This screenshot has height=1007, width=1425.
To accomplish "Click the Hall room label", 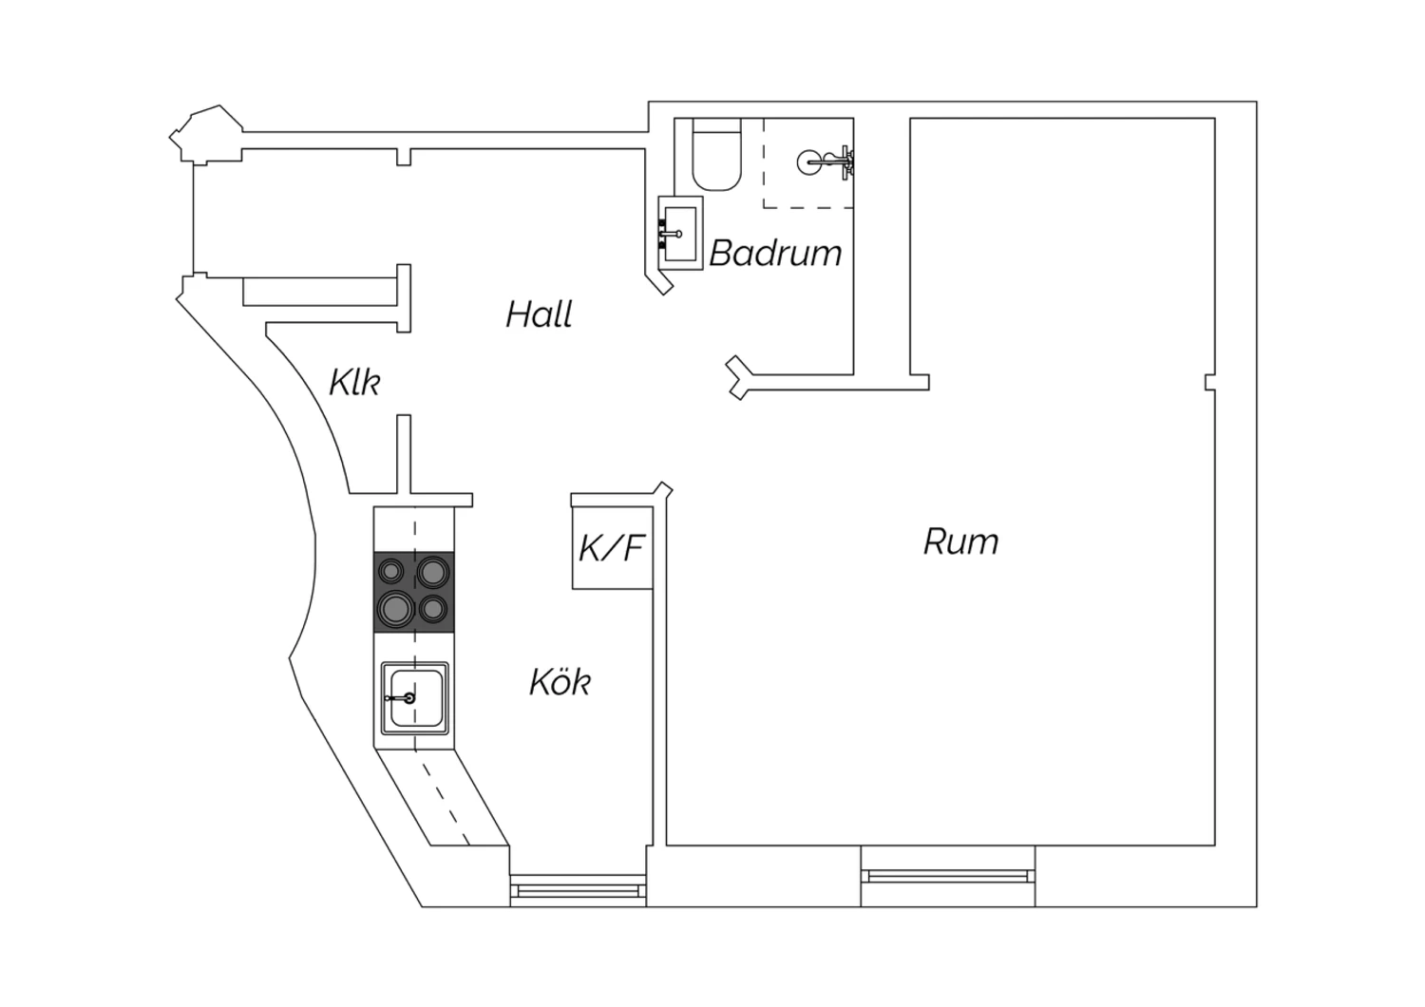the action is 539,314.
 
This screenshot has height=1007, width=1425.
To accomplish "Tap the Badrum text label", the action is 775,254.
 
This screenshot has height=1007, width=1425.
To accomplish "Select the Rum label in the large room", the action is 960,542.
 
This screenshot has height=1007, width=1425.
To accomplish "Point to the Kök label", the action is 560,682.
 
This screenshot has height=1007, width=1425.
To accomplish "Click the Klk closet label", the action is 354,382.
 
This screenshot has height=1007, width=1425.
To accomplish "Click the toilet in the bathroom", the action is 717,155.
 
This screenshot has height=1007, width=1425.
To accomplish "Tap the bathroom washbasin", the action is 680,234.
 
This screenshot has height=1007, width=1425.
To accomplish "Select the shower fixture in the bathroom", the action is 826,162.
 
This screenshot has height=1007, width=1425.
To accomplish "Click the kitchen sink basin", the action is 416,698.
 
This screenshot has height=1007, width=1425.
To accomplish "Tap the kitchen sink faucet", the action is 402,698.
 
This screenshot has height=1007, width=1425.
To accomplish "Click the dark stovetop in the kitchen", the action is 414,592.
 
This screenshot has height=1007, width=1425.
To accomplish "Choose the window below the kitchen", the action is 578,890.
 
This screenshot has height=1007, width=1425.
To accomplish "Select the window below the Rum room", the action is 948,877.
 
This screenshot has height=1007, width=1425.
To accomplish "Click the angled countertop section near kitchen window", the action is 442,798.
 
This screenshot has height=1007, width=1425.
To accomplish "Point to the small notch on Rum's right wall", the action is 1210,382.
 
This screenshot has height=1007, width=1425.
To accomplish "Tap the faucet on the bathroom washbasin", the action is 670,234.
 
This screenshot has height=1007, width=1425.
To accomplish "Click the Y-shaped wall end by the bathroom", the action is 738,378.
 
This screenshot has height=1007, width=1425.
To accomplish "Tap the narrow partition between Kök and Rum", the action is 659,668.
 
